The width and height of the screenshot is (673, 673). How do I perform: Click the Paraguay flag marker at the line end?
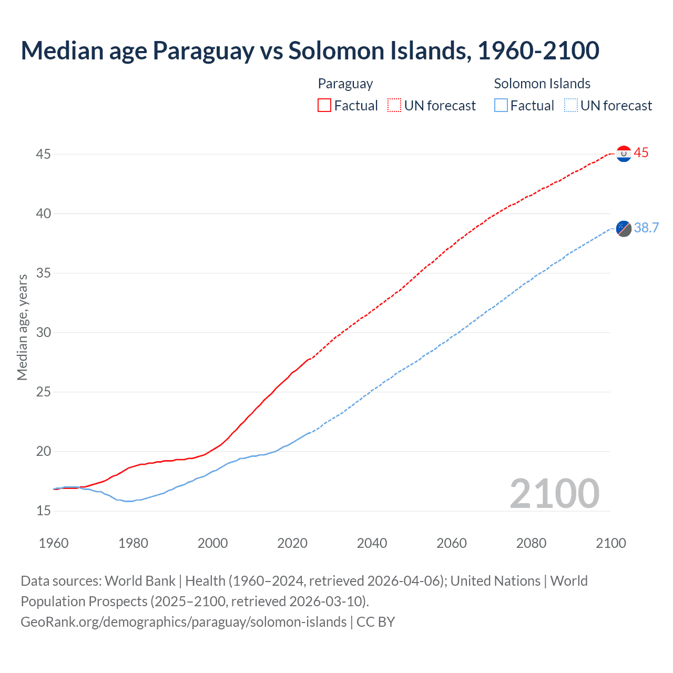[x=624, y=154]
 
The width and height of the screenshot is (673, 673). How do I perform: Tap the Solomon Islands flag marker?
[x=624, y=228]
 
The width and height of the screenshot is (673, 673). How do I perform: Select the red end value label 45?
[x=641, y=153]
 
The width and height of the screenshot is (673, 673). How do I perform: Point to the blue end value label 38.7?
[x=646, y=228]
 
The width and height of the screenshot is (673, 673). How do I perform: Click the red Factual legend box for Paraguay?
[x=324, y=106]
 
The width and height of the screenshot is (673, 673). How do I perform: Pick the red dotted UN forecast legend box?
[x=394, y=106]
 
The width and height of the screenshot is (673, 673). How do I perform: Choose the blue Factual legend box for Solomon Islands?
[x=501, y=106]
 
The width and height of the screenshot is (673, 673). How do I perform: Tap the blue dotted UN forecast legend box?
[x=570, y=106]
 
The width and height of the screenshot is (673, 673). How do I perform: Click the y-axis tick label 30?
[x=44, y=333]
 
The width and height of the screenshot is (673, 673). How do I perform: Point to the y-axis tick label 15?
[x=44, y=511]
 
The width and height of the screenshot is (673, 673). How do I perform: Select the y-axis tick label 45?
[x=44, y=155]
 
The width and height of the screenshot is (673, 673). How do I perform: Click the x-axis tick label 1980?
[x=133, y=543]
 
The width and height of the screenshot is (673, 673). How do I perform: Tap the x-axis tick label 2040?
[x=372, y=543]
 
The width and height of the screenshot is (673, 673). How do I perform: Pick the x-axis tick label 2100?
[x=610, y=543]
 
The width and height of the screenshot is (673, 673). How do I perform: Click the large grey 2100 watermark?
[x=554, y=493]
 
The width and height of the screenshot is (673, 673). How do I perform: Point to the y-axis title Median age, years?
[x=22, y=327]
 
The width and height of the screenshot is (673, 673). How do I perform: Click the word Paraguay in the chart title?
[x=203, y=50]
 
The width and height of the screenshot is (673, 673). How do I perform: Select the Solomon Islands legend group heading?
[x=542, y=84]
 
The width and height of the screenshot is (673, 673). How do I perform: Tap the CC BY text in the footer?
[x=375, y=622]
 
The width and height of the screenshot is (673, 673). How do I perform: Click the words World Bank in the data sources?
[x=140, y=581]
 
